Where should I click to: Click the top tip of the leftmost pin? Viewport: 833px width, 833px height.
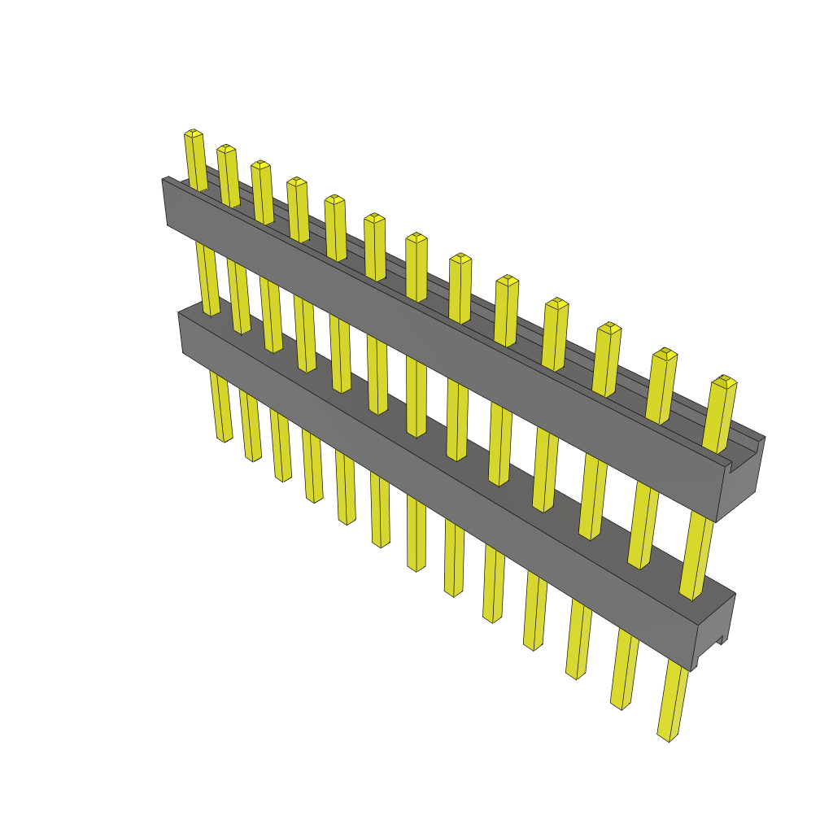click(193, 133)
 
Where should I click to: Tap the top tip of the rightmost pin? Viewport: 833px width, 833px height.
click(724, 381)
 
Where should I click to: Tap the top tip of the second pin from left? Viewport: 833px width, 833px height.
click(226, 148)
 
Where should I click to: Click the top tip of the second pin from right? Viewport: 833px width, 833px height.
click(665, 354)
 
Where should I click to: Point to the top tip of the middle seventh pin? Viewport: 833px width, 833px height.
click(416, 238)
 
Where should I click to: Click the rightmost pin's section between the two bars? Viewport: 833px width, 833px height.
click(698, 553)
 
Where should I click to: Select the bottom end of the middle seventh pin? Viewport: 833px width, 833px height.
click(416, 566)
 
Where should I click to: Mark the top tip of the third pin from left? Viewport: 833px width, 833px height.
click(260, 164)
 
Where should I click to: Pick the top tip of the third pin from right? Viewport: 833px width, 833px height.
click(609, 328)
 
